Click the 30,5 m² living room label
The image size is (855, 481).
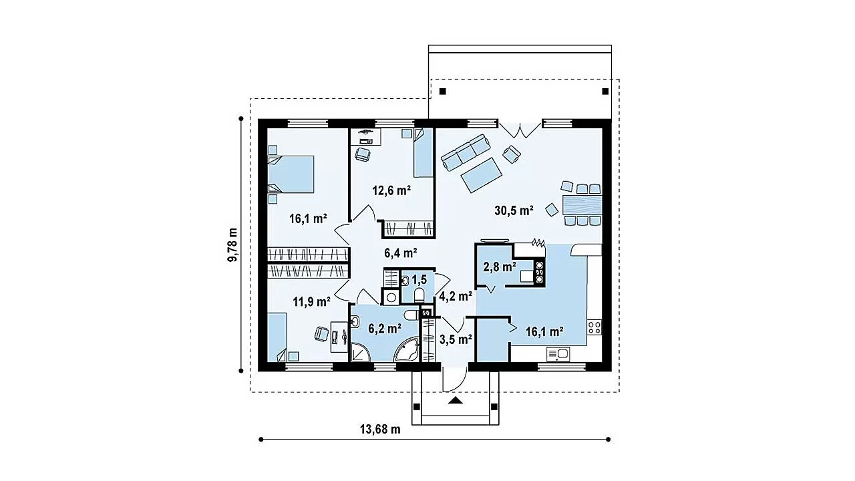pyautogui.click(x=514, y=210)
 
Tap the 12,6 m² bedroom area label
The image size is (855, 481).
pyautogui.click(x=391, y=190)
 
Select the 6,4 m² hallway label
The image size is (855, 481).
pyautogui.click(x=400, y=253)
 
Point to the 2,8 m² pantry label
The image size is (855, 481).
pyautogui.click(x=500, y=267)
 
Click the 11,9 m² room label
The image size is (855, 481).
pyautogui.click(x=311, y=302)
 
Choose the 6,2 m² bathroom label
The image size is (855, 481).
pyautogui.click(x=384, y=328)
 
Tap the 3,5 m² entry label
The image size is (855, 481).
pyautogui.click(x=456, y=339)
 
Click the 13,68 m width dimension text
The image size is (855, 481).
pyautogui.click(x=380, y=430)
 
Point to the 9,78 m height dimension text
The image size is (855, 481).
pyautogui.click(x=232, y=245)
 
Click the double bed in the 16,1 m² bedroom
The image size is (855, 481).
pyautogui.click(x=291, y=174)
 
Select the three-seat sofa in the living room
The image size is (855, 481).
pyautogui.click(x=466, y=152)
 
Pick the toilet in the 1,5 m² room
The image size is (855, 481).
pyautogui.click(x=419, y=295)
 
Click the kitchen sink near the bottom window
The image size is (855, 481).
pyautogui.click(x=558, y=354)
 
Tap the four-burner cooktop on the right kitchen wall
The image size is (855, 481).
pyautogui.click(x=594, y=327)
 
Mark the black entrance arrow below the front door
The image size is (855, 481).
pyautogui.click(x=456, y=400)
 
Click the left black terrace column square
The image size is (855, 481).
pyautogui.click(x=442, y=92)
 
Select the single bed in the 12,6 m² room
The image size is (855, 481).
pyautogui.click(x=423, y=153)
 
